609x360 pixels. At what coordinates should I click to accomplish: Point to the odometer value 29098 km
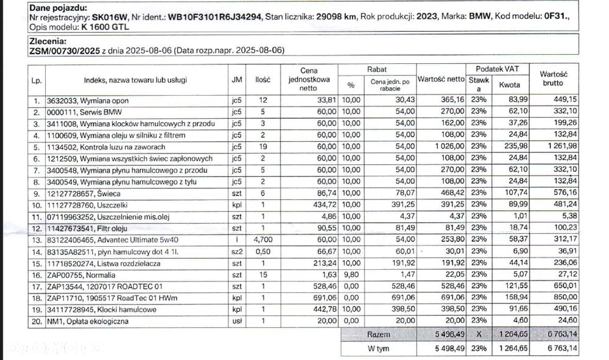(x=335, y=17)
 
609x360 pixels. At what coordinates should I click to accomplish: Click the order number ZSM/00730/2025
(x=65, y=51)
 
